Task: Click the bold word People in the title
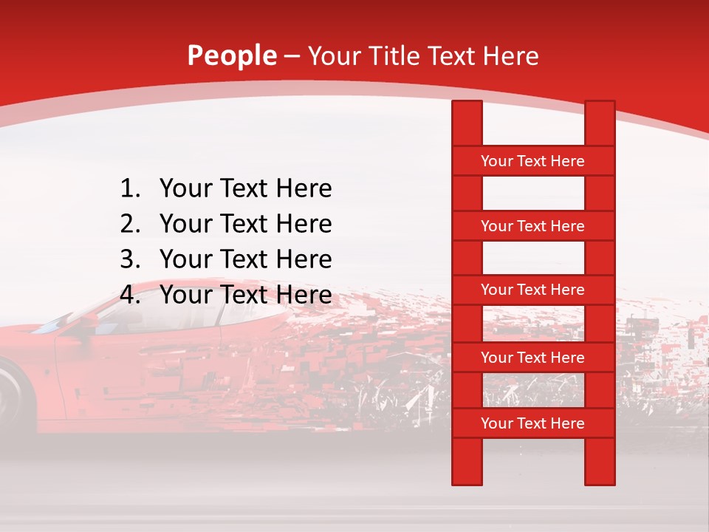[231, 56]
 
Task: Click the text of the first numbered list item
[245, 189]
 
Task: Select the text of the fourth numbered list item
[245, 296]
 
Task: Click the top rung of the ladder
[532, 161]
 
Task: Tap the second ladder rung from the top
[532, 226]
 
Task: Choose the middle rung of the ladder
[532, 290]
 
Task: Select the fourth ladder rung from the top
[532, 358]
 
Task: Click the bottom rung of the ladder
[532, 423]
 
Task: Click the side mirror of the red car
[88, 320]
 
